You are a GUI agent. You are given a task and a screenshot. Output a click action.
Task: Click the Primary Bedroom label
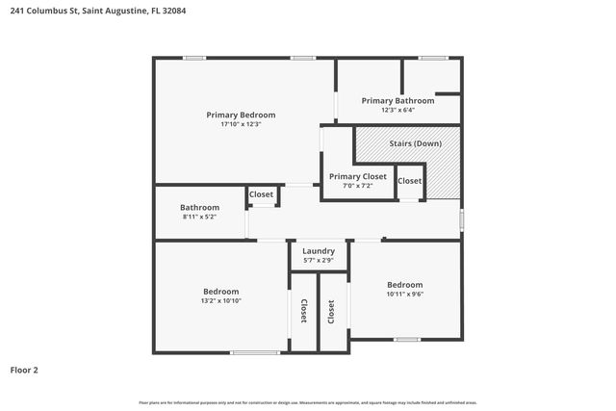[x=241, y=115]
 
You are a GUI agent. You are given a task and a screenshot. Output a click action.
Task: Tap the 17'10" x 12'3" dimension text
[x=241, y=124]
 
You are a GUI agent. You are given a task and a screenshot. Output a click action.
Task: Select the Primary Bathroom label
[x=398, y=100]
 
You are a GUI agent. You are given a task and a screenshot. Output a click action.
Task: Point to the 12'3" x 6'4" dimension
[x=398, y=110]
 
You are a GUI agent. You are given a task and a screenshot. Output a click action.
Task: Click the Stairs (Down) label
[x=415, y=143]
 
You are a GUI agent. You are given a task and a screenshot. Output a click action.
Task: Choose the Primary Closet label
[x=358, y=176]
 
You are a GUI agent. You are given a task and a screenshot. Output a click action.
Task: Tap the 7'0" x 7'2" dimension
[x=358, y=186]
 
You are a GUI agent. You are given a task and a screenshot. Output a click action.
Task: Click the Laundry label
[x=319, y=251]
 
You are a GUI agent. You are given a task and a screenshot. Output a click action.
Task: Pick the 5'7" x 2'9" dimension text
[x=319, y=261]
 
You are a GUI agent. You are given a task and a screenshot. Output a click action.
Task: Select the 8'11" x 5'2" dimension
[x=199, y=217]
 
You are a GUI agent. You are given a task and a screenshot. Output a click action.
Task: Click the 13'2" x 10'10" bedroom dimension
[x=220, y=300]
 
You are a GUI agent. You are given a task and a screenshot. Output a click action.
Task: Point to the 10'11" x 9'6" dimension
[x=404, y=294]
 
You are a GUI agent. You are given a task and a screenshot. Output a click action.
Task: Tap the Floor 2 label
[x=24, y=369]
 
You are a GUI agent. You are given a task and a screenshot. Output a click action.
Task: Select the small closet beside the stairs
[x=409, y=181]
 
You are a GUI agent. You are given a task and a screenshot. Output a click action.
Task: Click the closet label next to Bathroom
[x=262, y=194]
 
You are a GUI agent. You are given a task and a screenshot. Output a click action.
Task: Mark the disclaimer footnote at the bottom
[x=308, y=402]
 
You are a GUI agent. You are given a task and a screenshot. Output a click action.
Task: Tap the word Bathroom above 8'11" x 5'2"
[x=199, y=207]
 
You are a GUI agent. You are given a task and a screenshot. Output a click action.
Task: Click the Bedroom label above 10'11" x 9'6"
[x=404, y=284]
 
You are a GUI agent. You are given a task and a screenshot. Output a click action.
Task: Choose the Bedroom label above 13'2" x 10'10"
[x=220, y=291]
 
